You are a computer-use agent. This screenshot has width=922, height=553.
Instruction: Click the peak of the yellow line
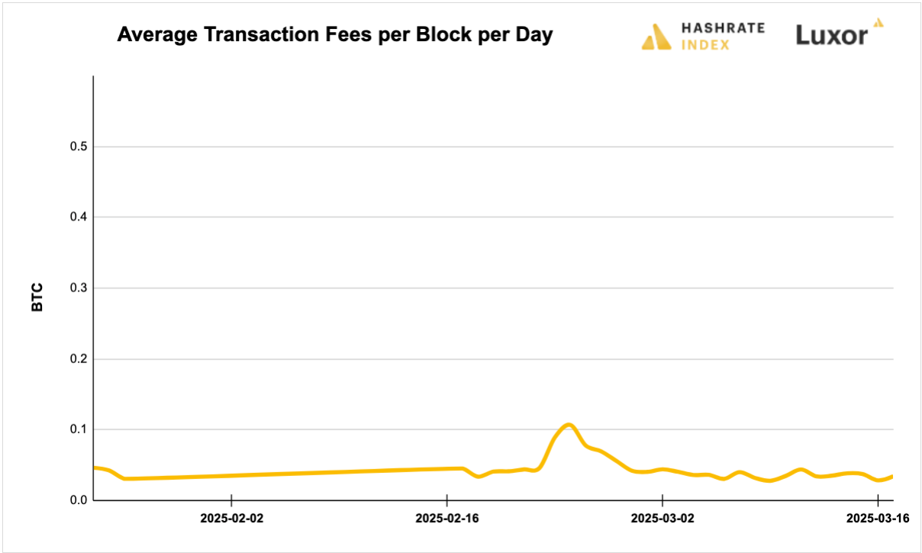(x=568, y=424)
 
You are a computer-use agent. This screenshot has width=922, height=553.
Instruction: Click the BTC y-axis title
(x=37, y=298)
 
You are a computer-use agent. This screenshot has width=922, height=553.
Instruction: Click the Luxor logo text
(x=832, y=35)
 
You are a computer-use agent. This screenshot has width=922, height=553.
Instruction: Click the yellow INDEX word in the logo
(x=705, y=44)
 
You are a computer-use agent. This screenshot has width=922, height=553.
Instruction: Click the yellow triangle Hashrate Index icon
(x=656, y=37)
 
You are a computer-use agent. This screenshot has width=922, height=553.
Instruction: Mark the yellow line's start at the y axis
(x=95, y=468)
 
